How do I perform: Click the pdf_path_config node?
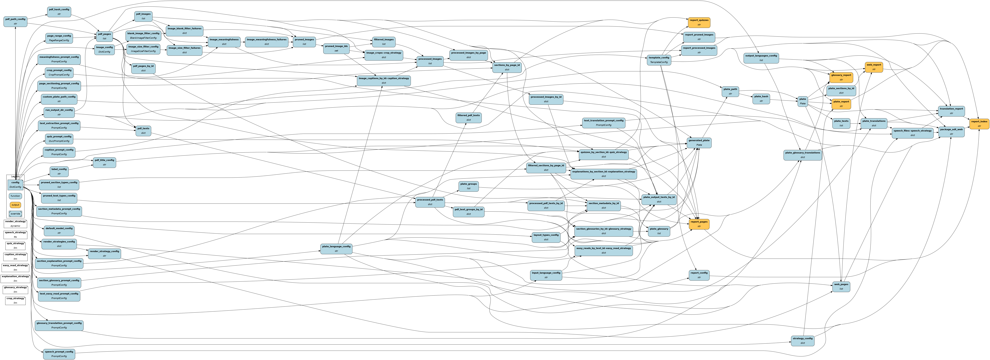pyautogui.click(x=15, y=21)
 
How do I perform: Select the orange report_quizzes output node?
pyautogui.click(x=699, y=22)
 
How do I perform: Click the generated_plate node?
pyautogui.click(x=699, y=143)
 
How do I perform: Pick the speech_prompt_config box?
pyautogui.click(x=59, y=354)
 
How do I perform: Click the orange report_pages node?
pyautogui.click(x=699, y=224)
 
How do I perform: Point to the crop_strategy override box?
pyautogui.click(x=15, y=300)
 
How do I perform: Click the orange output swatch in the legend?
pyautogui.click(x=15, y=205)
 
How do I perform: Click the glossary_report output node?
pyautogui.click(x=841, y=77)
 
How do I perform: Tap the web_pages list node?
pyautogui.click(x=841, y=286)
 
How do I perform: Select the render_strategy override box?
pyautogui.click(x=15, y=224)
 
